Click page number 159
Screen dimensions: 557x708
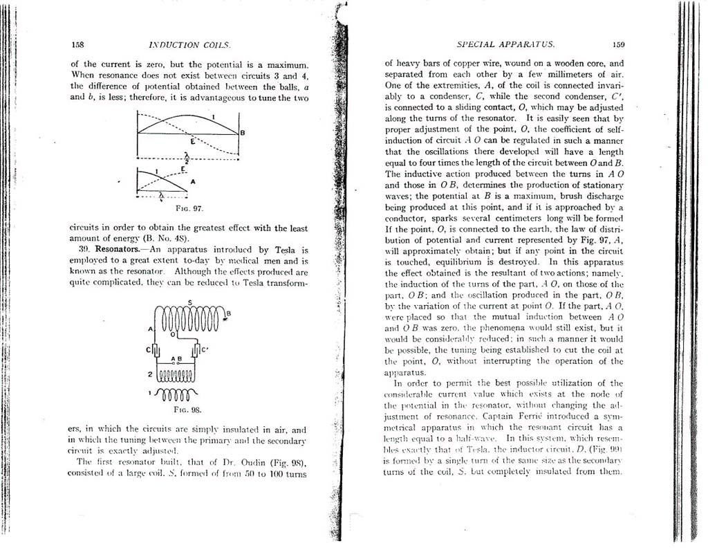pyautogui.click(x=618, y=44)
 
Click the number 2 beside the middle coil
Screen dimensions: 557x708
pyautogui.click(x=149, y=374)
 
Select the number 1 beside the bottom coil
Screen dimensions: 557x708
pyautogui.click(x=151, y=393)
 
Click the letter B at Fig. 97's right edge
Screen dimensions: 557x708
pyautogui.click(x=241, y=133)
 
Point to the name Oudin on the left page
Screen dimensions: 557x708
pyautogui.click(x=227, y=461)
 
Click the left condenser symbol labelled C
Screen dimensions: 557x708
pyautogui.click(x=157, y=349)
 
